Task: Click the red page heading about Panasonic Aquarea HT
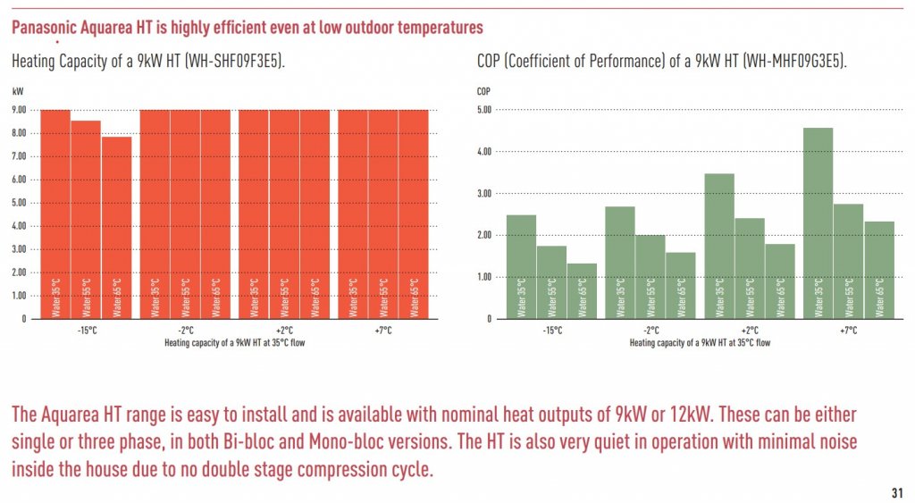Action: click(248, 28)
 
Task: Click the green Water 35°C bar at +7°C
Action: click(818, 223)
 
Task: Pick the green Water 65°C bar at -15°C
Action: click(582, 290)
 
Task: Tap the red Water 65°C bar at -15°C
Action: click(116, 228)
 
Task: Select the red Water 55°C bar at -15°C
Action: click(86, 219)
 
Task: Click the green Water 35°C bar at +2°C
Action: click(719, 246)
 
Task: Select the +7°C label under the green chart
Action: click(848, 331)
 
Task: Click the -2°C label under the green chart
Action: click(651, 331)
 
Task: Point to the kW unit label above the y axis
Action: click(18, 91)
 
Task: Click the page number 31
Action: click(896, 492)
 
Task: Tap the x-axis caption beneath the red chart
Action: click(234, 342)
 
